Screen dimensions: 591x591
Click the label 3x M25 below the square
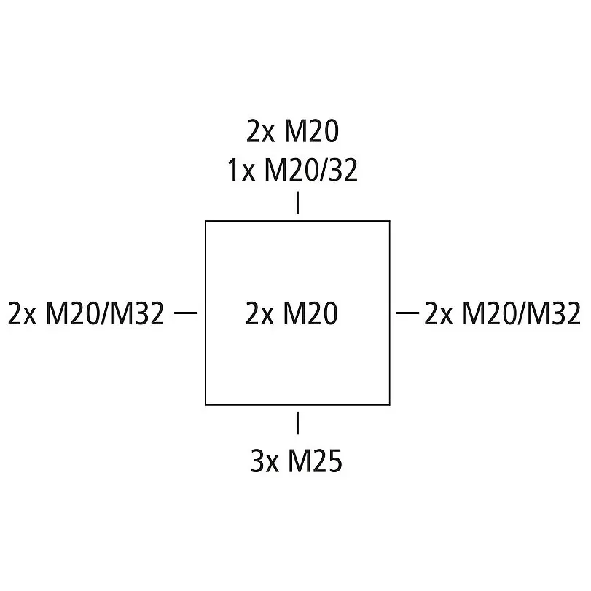click(296, 461)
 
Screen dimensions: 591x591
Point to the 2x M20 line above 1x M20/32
click(292, 132)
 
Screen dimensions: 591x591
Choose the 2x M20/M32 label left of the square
click(87, 314)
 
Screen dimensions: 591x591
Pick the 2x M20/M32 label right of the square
click(502, 314)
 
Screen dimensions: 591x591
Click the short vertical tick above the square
click(297, 203)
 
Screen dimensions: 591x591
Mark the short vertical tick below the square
click(297, 423)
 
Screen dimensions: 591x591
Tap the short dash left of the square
click(187, 313)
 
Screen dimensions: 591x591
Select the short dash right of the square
click(407, 313)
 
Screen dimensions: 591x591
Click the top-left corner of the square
click(206, 221)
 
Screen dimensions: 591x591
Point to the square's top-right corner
click(389, 221)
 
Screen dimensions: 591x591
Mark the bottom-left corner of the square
click(206, 404)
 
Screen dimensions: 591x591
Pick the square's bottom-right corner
click(389, 404)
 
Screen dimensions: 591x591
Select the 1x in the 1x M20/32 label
click(241, 171)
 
